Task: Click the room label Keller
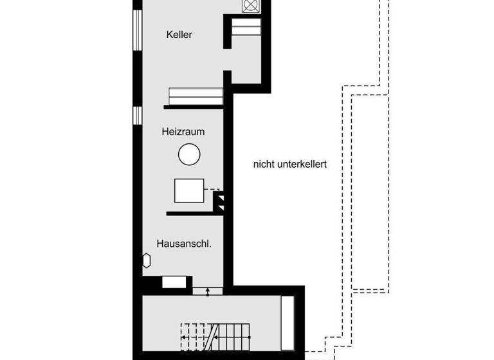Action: (x=179, y=35)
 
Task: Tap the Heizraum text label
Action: (x=183, y=132)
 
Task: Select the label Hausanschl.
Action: (x=185, y=244)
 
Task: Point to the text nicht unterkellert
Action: (x=290, y=165)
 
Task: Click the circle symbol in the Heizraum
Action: (x=189, y=154)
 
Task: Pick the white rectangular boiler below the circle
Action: (x=189, y=190)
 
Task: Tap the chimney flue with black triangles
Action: (x=219, y=201)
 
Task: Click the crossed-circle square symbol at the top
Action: (x=250, y=6)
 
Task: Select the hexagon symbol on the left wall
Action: (x=146, y=260)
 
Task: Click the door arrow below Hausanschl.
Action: (x=208, y=291)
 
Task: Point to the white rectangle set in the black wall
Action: (x=173, y=282)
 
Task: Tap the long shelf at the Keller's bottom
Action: (x=196, y=94)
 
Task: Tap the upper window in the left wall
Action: (x=136, y=30)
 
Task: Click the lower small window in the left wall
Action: (x=136, y=114)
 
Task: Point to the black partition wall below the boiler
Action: (x=194, y=213)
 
